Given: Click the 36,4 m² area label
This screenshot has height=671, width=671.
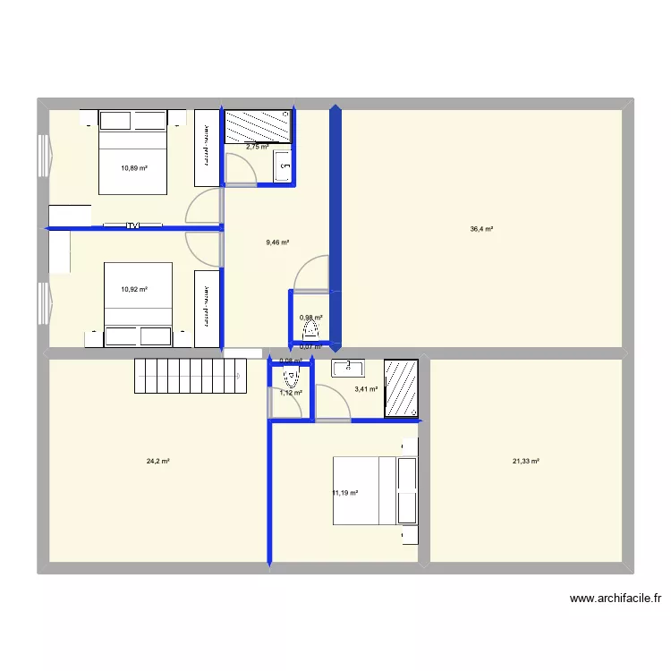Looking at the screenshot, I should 481,229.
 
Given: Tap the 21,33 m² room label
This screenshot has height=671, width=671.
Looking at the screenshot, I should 525,462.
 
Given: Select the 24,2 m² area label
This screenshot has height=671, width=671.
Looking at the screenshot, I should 158,462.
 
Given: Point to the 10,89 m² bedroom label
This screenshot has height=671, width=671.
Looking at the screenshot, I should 134,167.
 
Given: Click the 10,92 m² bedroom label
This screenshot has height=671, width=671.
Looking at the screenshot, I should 134,289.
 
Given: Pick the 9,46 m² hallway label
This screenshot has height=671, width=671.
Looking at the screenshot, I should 277,242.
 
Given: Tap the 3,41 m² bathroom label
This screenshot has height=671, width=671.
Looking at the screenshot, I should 366,389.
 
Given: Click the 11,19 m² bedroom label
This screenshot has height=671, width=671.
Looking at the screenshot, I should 344,493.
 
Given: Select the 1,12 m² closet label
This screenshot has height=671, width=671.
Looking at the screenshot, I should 291,393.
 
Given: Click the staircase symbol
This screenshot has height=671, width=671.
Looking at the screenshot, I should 190,376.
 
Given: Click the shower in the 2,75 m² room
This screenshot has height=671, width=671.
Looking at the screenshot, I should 258,126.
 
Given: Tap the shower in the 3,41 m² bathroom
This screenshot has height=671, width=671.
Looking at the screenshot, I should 401,388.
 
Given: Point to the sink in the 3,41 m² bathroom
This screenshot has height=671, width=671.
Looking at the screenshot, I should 348,367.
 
